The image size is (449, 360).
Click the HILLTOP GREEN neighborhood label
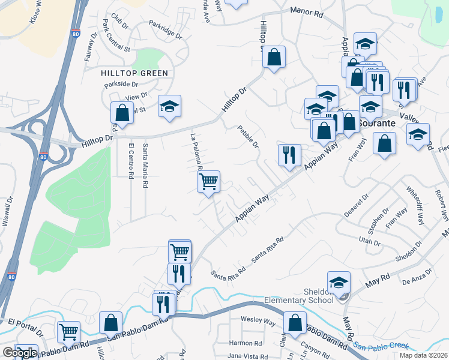click(x=134, y=73)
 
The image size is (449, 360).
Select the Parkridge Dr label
click(x=165, y=31)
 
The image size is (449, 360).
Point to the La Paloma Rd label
click(x=194, y=151)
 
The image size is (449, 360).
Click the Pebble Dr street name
click(x=248, y=136)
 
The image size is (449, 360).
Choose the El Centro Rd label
click(x=131, y=160)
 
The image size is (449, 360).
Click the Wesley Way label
click(x=258, y=320)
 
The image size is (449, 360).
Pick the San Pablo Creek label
click(x=380, y=346)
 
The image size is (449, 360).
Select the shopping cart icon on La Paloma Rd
click(x=208, y=181)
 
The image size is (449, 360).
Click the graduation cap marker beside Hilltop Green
click(x=169, y=106)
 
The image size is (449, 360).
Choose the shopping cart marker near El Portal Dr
click(x=69, y=331)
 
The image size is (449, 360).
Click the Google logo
click(x=20, y=353)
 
